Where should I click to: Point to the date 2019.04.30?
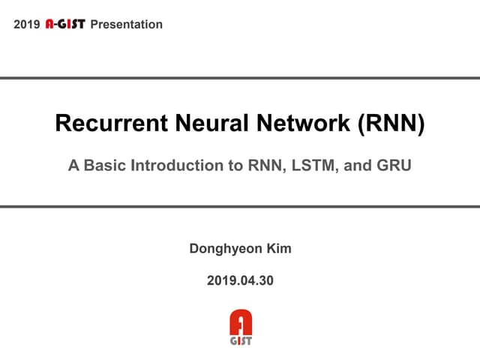[x=240, y=281]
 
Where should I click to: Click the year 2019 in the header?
[x=27, y=25]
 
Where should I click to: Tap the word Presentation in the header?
[x=126, y=25]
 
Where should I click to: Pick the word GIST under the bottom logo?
[x=240, y=340]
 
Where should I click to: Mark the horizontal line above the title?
[x=240, y=78]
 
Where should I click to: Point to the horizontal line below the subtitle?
[x=240, y=206]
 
